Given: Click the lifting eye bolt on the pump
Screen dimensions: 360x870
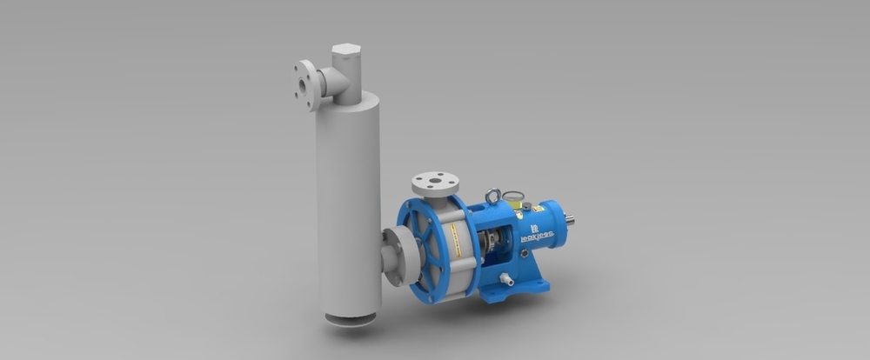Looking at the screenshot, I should tap(493, 197).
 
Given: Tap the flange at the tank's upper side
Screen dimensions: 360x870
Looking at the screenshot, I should tap(304, 84).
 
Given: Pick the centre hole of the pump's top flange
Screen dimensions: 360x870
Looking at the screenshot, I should tap(435, 181).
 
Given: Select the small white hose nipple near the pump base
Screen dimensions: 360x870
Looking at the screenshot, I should tap(505, 280).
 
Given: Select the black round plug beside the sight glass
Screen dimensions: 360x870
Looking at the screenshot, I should tap(526, 206).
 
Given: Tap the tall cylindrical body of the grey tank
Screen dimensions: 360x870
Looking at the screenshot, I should tap(348, 200).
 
